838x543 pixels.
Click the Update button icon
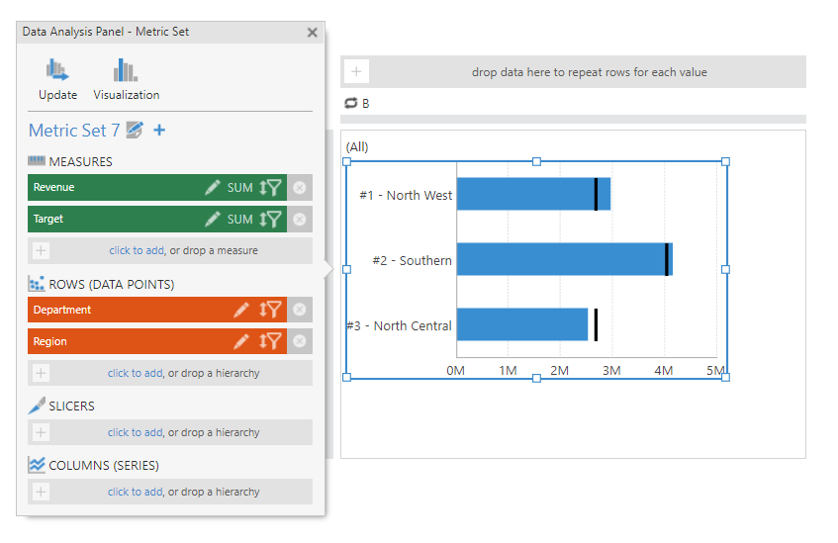pos(57,71)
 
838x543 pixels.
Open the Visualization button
pos(126,71)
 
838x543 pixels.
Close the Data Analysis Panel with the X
pos(313,33)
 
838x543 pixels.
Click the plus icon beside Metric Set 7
pos(159,130)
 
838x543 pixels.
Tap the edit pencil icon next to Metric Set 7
pos(135,130)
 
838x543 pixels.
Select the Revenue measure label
pos(54,187)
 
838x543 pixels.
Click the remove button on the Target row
pos(299,220)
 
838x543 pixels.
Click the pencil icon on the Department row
pos(240,311)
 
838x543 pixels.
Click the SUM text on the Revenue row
pos(240,188)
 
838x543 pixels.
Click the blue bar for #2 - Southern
pos(559,260)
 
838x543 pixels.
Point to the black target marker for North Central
pos(596,324)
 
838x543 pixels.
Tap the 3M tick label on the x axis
pos(611,371)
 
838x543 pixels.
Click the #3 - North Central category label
pos(400,325)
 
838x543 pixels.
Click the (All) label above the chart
pos(357,147)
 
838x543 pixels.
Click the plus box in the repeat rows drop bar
pos(356,72)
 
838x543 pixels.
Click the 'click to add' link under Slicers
pos(135,432)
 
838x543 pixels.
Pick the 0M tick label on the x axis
pos(456,371)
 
